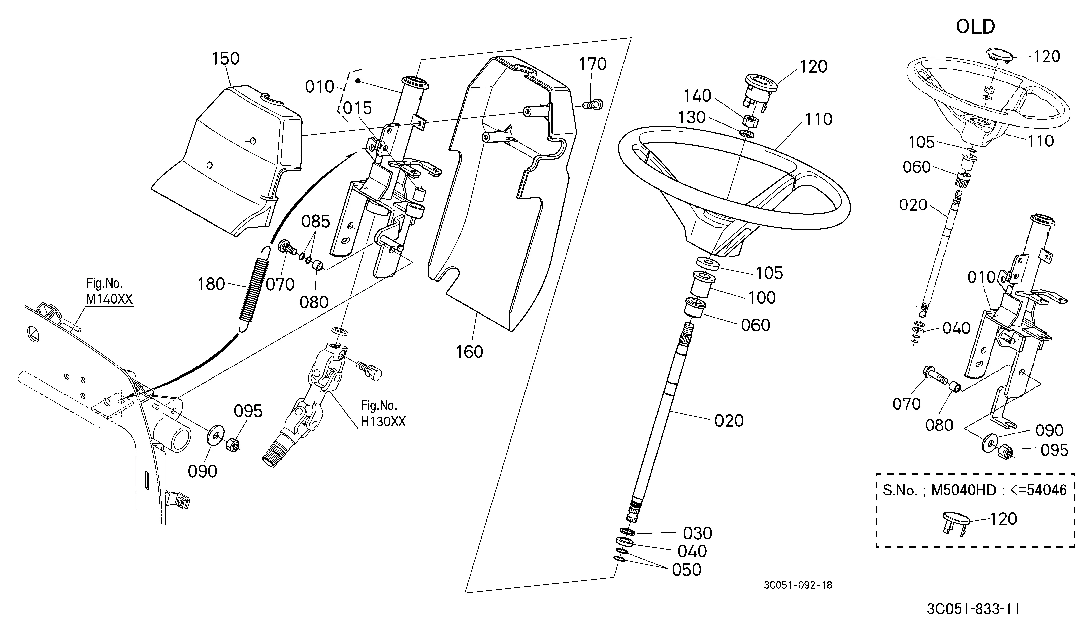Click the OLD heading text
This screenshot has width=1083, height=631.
[x=975, y=27]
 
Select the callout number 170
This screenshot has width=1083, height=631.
[x=593, y=64]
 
